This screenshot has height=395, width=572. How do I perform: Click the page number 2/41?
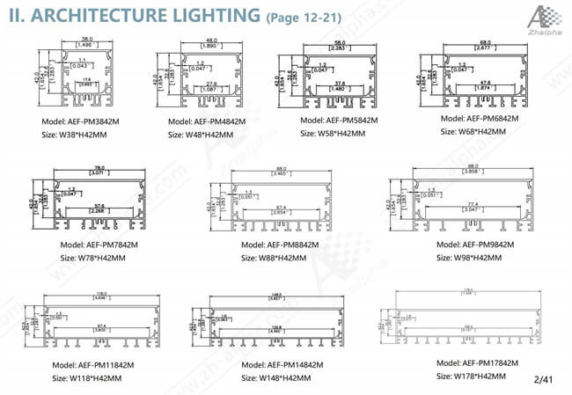click(x=543, y=378)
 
